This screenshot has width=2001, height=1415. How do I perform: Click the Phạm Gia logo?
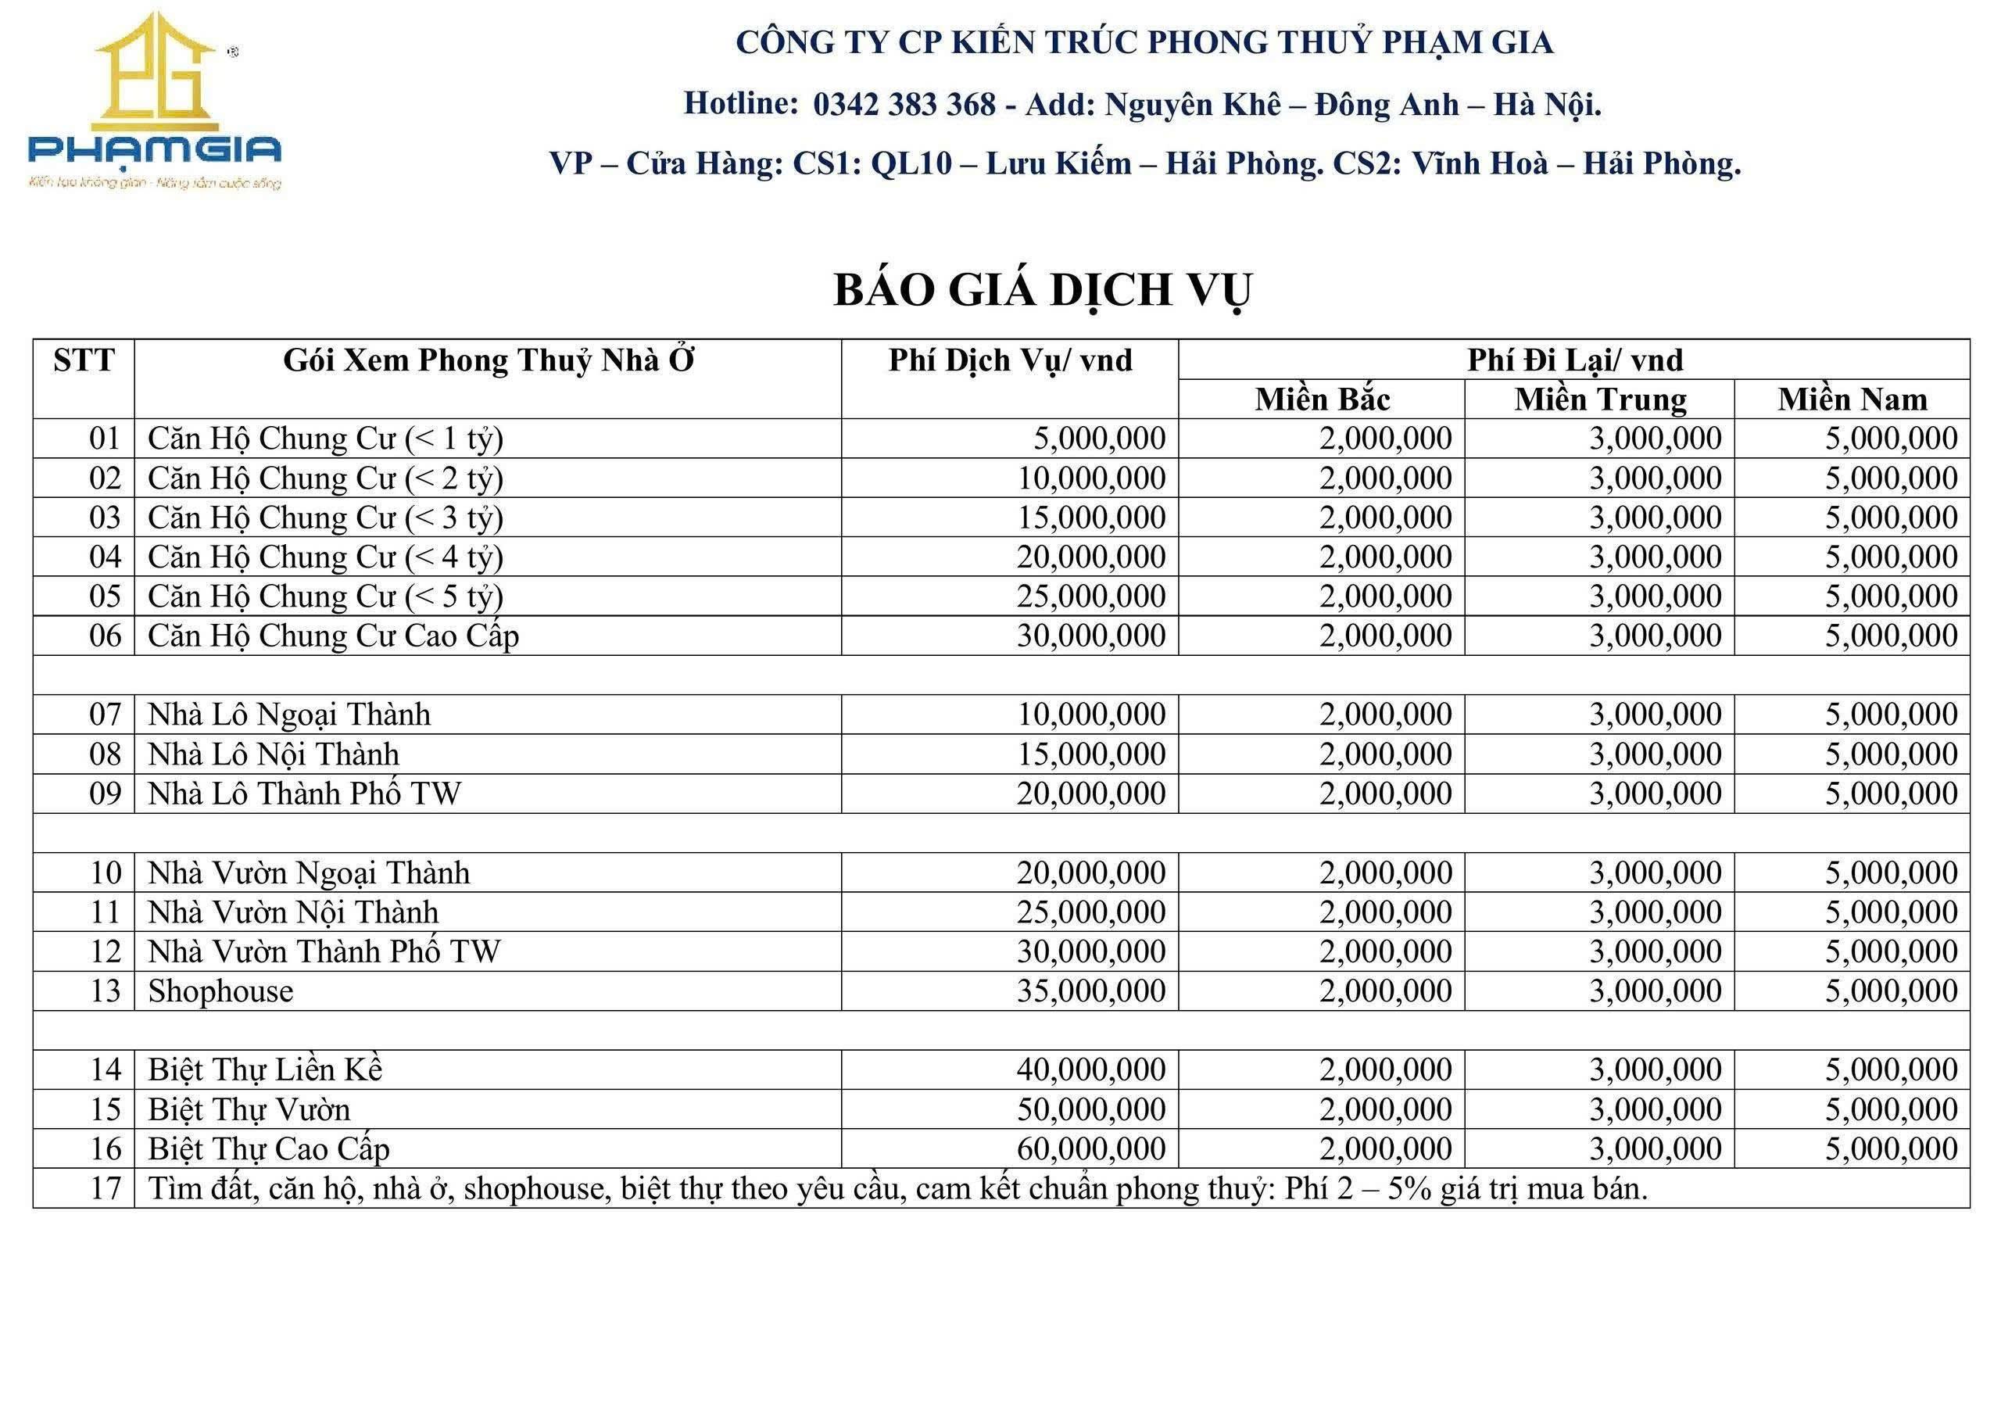pyautogui.click(x=154, y=100)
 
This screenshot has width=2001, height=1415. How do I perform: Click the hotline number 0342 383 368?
pyautogui.click(x=904, y=105)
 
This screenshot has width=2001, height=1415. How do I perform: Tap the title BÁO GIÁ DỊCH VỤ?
pyautogui.click(x=1043, y=290)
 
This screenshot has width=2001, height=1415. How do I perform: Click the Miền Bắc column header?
pyautogui.click(x=1321, y=399)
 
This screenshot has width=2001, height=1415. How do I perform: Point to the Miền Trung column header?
pyautogui.click(x=1600, y=399)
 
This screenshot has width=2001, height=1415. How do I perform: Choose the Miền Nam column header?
pyautogui.click(x=1852, y=399)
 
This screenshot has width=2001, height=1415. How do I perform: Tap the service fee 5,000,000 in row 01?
pyautogui.click(x=1099, y=439)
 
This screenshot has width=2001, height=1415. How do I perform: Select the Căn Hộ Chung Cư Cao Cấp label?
pyautogui.click(x=333, y=636)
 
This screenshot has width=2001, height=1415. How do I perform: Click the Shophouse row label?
pyautogui.click(x=220, y=991)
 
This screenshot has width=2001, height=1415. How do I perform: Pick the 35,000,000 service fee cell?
pyautogui.click(x=1090, y=991)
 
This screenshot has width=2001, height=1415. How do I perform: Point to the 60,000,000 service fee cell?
pyautogui.click(x=1090, y=1149)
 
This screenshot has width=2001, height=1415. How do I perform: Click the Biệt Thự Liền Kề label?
pyautogui.click(x=265, y=1069)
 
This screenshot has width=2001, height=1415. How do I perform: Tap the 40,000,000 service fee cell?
pyautogui.click(x=1090, y=1069)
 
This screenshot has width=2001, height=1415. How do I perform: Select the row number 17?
pyautogui.click(x=106, y=1188)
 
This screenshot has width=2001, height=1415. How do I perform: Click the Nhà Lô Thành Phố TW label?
pyautogui.click(x=304, y=793)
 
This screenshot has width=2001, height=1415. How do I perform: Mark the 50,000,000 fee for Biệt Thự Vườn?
pyautogui.click(x=1090, y=1110)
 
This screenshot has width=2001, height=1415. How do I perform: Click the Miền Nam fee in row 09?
pyautogui.click(x=1892, y=793)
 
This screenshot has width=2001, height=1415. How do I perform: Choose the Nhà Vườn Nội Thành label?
pyautogui.click(x=293, y=912)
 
